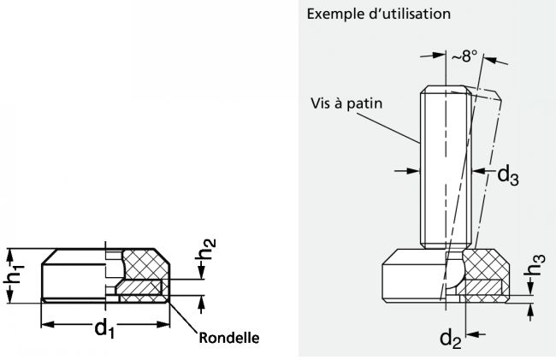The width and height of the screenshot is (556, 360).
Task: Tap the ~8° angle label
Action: coord(464,57)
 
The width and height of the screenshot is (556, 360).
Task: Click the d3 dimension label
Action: coord(509,175)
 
